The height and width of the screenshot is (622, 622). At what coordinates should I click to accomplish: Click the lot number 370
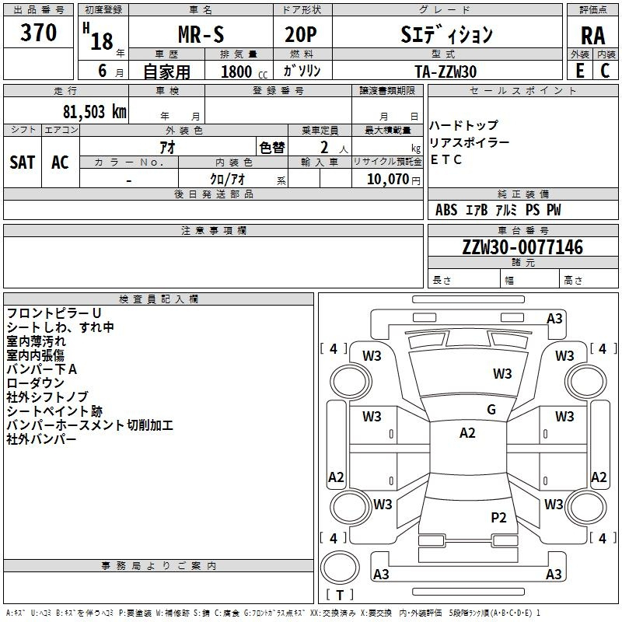(38, 32)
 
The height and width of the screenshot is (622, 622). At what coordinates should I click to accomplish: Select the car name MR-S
(201, 34)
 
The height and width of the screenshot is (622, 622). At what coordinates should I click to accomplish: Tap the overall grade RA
(593, 36)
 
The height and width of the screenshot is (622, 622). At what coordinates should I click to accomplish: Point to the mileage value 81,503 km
(95, 112)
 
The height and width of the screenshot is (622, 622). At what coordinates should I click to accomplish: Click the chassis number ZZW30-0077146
(522, 247)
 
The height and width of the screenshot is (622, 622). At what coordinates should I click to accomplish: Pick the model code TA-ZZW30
(446, 72)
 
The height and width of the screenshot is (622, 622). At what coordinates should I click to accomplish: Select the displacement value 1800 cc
(244, 72)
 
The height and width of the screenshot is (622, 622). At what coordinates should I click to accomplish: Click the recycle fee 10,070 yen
(393, 180)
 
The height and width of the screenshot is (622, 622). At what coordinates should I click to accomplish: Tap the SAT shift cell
(23, 162)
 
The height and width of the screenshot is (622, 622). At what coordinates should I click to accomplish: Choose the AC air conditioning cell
(61, 162)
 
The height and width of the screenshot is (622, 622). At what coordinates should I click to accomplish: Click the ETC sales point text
(446, 159)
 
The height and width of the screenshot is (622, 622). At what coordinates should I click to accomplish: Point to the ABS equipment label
(446, 210)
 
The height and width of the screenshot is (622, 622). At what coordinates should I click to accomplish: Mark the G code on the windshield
(491, 410)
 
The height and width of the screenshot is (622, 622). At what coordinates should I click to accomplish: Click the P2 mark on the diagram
(498, 517)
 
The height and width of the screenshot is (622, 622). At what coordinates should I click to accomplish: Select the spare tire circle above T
(340, 568)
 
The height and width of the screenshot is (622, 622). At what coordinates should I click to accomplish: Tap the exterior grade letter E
(580, 71)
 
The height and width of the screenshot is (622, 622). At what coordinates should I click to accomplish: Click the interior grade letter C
(606, 71)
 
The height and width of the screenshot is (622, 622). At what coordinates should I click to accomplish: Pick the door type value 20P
(301, 35)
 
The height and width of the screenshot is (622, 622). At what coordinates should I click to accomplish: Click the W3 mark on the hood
(502, 373)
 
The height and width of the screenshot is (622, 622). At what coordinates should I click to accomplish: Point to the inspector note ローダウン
(35, 383)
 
